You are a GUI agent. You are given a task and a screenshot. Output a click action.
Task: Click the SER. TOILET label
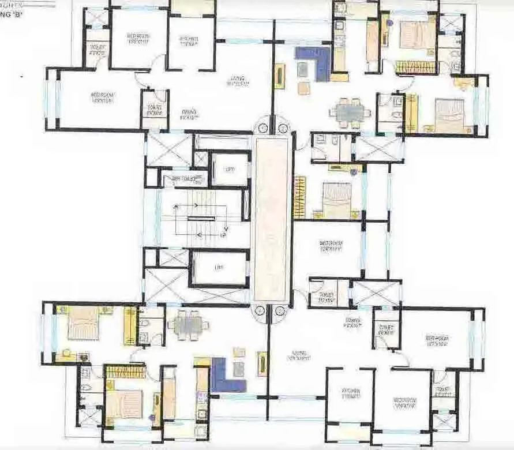[x=180, y=179]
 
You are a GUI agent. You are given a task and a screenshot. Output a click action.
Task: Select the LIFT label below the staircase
[x=219, y=268]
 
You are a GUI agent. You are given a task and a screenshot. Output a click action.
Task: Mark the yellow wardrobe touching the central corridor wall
[x=299, y=197]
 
